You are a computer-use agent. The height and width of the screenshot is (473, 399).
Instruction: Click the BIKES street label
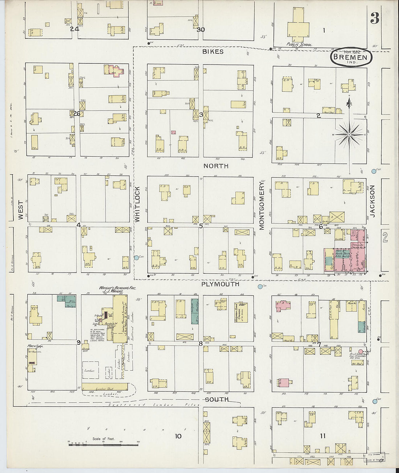(213, 52)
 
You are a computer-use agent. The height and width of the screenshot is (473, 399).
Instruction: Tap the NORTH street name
(216, 166)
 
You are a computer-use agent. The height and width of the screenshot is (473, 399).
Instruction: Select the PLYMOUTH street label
(220, 284)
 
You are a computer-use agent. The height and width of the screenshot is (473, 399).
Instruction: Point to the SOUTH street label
(217, 399)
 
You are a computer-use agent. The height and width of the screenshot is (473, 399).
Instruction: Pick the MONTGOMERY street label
(262, 206)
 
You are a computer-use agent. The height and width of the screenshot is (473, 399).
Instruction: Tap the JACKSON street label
(373, 202)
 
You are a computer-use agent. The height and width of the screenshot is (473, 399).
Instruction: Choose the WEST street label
(20, 211)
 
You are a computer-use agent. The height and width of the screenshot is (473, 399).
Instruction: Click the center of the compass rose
(349, 135)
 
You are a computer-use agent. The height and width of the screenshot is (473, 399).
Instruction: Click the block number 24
(75, 29)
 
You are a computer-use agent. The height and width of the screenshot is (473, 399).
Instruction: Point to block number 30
(201, 30)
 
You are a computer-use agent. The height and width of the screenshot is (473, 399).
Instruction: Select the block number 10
(178, 436)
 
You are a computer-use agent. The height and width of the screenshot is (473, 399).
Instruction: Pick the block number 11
(322, 436)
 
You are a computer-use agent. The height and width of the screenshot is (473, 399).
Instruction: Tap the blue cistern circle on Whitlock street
(137, 258)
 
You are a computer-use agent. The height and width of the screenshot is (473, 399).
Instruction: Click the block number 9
(78, 343)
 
